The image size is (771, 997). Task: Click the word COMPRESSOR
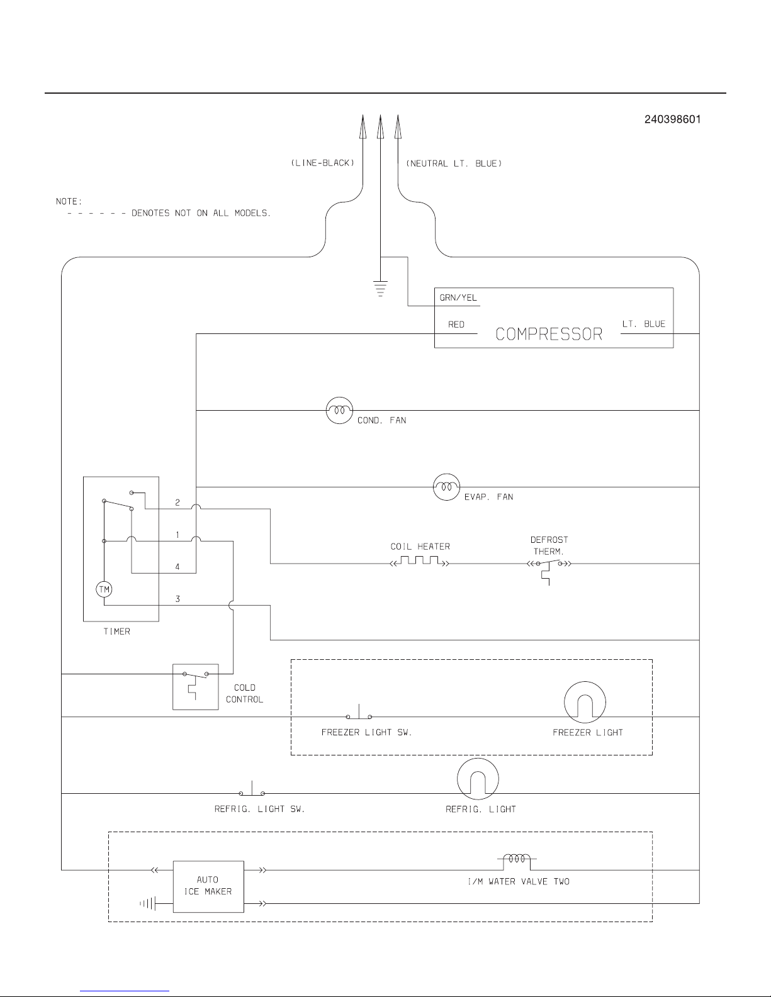[549, 334]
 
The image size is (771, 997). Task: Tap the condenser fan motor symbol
[339, 410]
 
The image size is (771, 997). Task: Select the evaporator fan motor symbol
[446, 487]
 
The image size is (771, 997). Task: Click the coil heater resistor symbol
[420, 562]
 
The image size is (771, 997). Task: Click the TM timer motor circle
[104, 589]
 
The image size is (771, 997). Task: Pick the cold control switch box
[196, 686]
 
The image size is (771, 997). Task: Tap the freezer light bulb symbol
[585, 703]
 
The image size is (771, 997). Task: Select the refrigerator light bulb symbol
[478, 779]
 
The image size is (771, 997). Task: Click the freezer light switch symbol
[359, 715]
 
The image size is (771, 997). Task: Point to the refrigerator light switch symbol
[252, 791]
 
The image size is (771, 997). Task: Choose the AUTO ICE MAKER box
[208, 886]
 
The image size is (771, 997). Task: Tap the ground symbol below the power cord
[380, 289]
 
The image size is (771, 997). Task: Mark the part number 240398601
[672, 120]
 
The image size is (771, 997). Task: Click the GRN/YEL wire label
[458, 298]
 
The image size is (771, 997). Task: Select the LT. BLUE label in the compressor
[644, 324]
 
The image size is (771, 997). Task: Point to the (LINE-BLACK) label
[323, 164]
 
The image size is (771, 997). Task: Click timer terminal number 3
[177, 599]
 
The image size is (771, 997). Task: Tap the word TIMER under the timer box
[116, 632]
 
